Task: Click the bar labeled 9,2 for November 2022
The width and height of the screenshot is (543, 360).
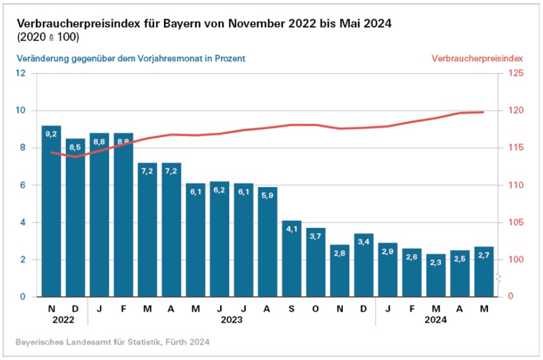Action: [51, 213]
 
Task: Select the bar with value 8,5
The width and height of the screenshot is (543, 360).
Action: [75, 219]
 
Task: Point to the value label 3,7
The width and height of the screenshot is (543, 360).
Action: [316, 237]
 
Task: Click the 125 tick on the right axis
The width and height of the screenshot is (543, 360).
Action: [514, 73]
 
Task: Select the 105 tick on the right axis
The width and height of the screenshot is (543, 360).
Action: [514, 223]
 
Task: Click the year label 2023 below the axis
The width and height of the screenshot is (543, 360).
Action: [232, 320]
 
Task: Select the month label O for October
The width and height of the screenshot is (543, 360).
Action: [316, 308]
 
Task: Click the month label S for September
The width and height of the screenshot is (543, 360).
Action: [292, 308]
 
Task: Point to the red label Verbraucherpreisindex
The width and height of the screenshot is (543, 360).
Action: [476, 58]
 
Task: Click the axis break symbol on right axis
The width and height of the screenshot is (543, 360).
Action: [500, 277]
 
